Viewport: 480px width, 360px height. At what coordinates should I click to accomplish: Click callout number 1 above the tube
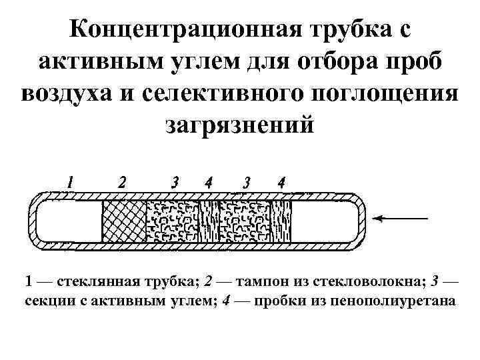click(x=70, y=182)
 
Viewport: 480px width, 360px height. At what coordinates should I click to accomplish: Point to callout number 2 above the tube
click(x=122, y=182)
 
